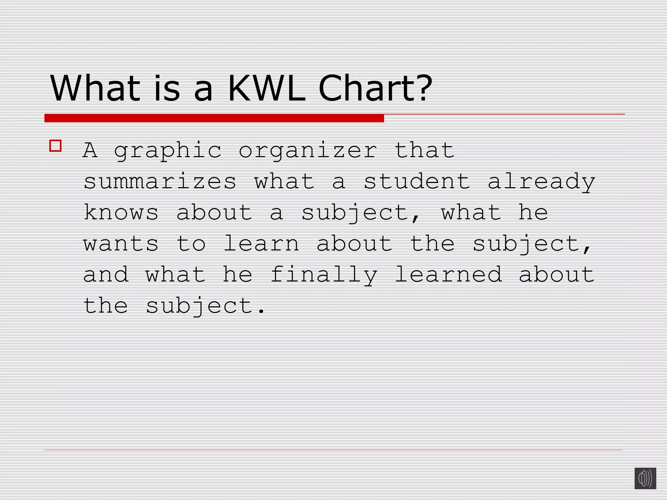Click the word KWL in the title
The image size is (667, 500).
266,89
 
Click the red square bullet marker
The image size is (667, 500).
55,146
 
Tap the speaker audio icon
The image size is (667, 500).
645,478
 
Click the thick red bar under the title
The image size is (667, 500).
214,118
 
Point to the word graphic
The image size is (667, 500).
168,151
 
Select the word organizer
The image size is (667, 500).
308,151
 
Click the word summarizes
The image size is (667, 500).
160,182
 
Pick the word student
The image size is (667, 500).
417,182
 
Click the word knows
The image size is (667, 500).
121,213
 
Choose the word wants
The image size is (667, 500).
121,244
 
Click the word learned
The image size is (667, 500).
448,274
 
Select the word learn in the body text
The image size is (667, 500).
261,244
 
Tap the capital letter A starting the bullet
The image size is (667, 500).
90,150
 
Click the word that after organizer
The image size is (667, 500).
424,150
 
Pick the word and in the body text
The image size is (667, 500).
106,274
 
